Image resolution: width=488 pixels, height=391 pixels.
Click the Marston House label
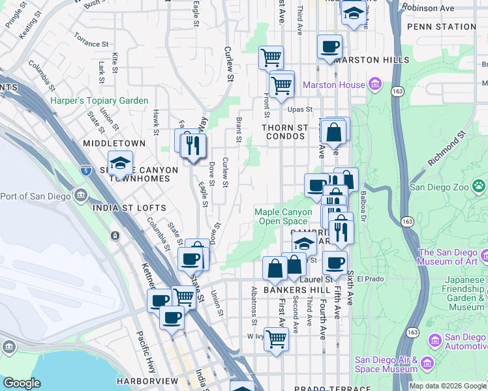pyautogui.click(x=333, y=85)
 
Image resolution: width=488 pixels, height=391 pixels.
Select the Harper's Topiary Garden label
pyautogui.click(x=99, y=101)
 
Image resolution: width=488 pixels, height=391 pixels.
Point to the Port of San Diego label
pyautogui.click(x=36, y=195)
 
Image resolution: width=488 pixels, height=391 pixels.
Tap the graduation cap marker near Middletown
pyautogui.click(x=120, y=164)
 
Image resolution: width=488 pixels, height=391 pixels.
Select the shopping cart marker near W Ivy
pyautogui.click(x=276, y=339)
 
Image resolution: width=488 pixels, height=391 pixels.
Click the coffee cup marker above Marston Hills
pyautogui.click(x=329, y=47)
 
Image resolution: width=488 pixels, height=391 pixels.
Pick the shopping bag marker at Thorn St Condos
pyautogui.click(x=333, y=132)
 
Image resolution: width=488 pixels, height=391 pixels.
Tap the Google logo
pyautogui.click(x=22, y=384)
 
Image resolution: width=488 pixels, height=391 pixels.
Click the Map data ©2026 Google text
pyautogui.click(x=448, y=386)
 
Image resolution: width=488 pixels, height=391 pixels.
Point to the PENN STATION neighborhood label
pyautogui.click(x=441, y=27)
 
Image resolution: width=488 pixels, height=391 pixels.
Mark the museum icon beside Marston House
pyautogui.click(x=374, y=84)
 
